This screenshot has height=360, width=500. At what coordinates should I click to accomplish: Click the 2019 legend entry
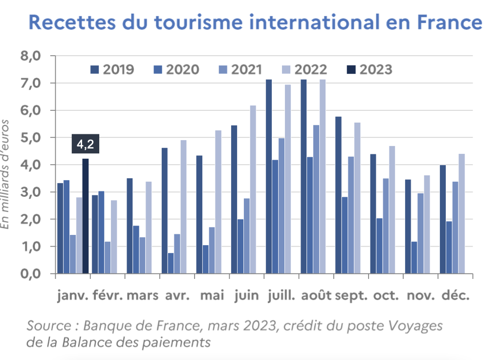112,69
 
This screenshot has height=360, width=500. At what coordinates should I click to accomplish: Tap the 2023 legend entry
369,69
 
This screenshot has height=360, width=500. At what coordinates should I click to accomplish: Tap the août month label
316,296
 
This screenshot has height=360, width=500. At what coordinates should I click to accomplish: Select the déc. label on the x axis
456,296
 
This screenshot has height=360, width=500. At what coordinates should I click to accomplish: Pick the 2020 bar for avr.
171,263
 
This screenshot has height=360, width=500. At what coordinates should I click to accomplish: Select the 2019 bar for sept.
338,195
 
